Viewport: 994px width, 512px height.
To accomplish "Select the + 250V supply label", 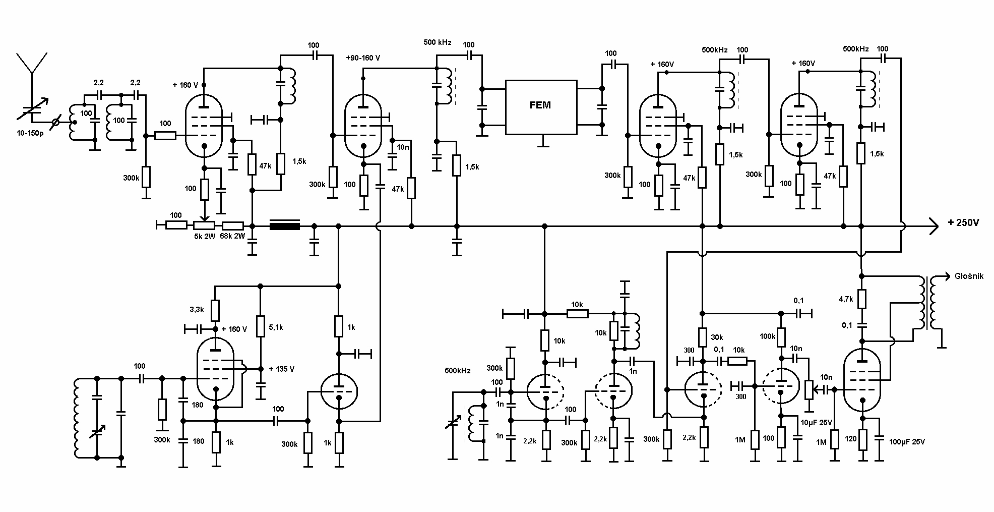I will (x=963, y=223).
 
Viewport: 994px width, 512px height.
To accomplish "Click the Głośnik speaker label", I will (x=969, y=276).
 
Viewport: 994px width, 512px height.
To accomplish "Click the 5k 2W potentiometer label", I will (x=205, y=236).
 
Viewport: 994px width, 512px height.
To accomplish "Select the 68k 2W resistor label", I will (x=232, y=236).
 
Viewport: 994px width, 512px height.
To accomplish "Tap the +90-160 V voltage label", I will (x=363, y=58).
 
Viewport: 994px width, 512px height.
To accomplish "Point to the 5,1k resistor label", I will (x=275, y=327).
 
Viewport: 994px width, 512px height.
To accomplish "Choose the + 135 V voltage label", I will (x=281, y=369).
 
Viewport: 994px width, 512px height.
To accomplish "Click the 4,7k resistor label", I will (x=846, y=299).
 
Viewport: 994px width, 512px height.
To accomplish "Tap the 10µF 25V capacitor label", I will (x=816, y=422).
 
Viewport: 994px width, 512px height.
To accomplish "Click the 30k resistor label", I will (x=717, y=337).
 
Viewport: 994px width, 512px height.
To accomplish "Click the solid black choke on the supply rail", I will (x=285, y=225).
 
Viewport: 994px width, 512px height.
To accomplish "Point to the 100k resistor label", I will (x=767, y=336).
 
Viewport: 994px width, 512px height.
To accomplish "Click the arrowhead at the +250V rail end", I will (x=933, y=226).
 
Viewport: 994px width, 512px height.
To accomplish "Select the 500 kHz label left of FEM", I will (x=438, y=42).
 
